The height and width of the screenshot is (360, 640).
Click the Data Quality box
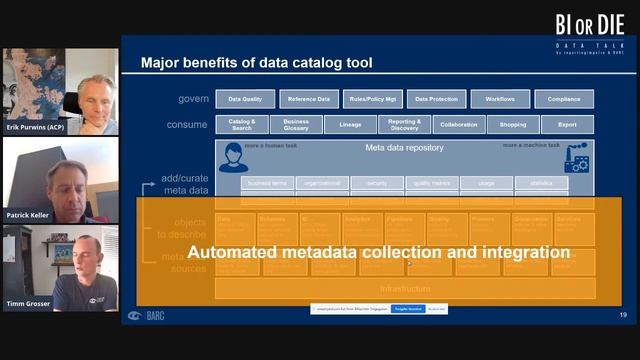tap(245, 99)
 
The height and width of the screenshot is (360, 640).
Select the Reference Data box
tap(309, 99)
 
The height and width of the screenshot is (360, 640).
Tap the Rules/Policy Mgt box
tap(373, 99)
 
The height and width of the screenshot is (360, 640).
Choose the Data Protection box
tap(436, 99)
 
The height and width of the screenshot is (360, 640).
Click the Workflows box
tap(500, 99)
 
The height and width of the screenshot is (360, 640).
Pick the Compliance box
tap(564, 99)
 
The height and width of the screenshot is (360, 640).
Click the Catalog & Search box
tap(241, 125)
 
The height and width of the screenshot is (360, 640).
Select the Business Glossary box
tap(296, 125)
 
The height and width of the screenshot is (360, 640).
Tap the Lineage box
tap(350, 125)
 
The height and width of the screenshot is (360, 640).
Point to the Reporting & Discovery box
tap(404, 125)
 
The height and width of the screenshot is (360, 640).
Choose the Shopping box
tap(513, 125)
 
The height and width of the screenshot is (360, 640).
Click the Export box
tap(567, 125)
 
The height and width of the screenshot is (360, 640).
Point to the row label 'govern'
tap(188, 99)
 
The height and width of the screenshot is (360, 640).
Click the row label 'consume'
tap(186, 125)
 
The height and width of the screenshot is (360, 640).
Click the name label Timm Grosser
tap(29, 304)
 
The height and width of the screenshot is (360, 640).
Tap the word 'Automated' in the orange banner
tap(235, 253)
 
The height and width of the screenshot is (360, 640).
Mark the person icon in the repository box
tap(233, 157)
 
